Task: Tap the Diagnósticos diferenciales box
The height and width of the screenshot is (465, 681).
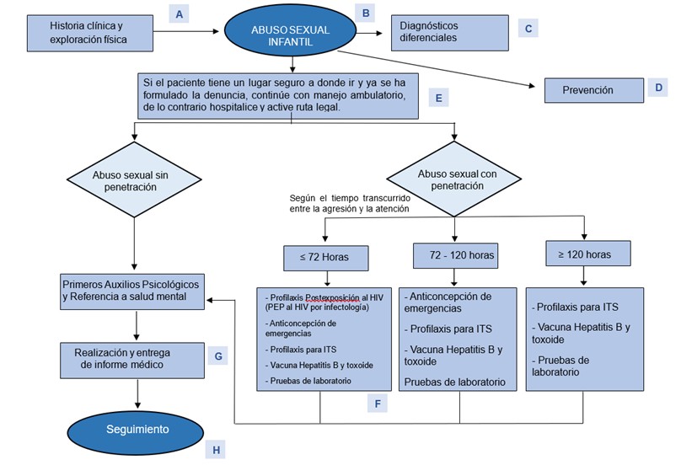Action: [x=449, y=31]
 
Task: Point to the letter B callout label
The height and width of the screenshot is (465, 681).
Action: [x=365, y=13]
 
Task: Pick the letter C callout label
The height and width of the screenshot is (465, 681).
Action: [x=528, y=29]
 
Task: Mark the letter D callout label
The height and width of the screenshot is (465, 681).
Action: [x=660, y=87]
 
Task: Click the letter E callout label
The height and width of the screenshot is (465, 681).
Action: [x=438, y=98]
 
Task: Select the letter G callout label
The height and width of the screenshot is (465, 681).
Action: [x=217, y=355]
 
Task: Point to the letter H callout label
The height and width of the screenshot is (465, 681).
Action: [x=217, y=450]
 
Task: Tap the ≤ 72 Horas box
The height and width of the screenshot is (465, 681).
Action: [x=320, y=255]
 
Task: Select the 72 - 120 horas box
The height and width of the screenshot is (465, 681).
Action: [x=454, y=254]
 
